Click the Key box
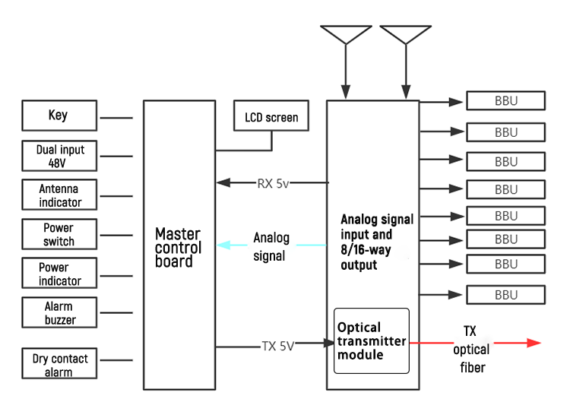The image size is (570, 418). [59, 116]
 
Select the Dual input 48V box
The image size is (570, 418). [59, 156]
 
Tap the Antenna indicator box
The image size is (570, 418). [59, 195]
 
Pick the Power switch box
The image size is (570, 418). [59, 234]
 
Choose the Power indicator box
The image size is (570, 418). [59, 274]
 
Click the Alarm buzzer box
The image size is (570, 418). [59, 312]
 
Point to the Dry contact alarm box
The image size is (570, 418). [59, 364]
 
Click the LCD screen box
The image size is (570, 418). [271, 118]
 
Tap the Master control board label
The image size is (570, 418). [178, 247]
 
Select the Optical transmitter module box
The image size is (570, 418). [371, 340]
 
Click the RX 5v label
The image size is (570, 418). [273, 182]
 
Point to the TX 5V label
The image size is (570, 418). [277, 345]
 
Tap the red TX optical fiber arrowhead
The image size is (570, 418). [533, 344]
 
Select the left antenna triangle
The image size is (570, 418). [346, 34]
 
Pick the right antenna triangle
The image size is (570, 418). [405, 34]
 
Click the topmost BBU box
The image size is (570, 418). [505, 101]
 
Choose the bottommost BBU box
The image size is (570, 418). [505, 295]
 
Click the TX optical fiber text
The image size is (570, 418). [471, 351]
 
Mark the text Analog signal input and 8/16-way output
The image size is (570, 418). [377, 242]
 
